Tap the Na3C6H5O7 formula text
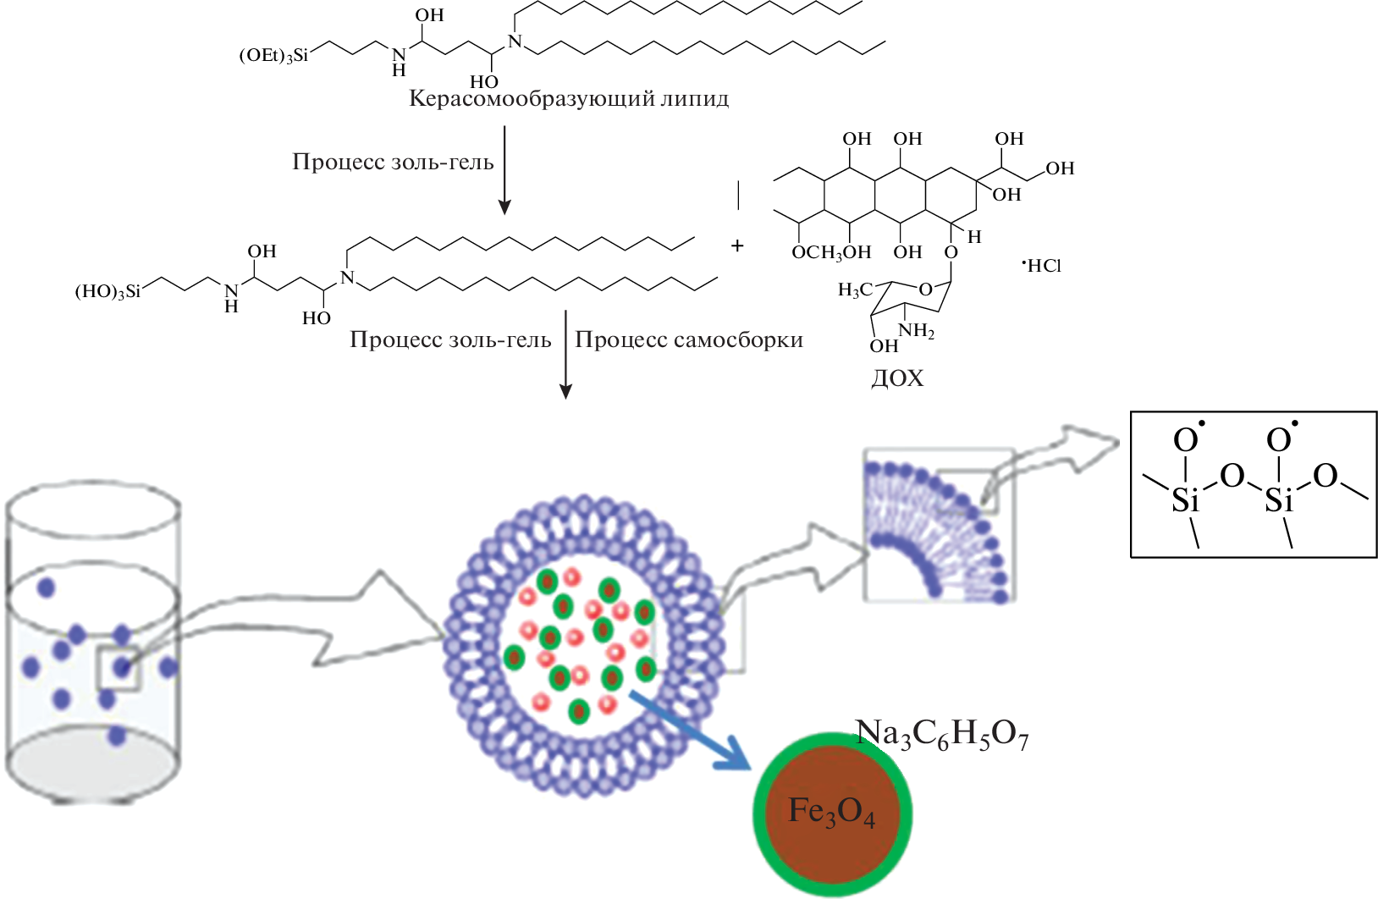[941, 735]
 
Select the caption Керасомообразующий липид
[569, 99]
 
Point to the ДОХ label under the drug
[897, 378]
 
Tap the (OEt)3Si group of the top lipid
[273, 56]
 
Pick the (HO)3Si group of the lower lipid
[107, 292]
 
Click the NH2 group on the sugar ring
[918, 331]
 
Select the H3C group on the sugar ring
[854, 290]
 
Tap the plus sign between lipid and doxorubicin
[737, 245]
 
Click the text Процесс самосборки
[689, 340]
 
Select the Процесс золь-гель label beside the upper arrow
[393, 162]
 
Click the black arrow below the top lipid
[504, 169]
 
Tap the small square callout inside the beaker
[118, 669]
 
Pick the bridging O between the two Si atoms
[1232, 476]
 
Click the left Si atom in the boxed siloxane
[1185, 501]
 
